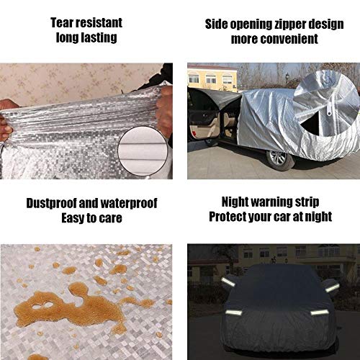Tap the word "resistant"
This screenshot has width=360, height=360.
pos(99,23)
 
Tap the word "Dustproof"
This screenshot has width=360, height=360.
pos(51,204)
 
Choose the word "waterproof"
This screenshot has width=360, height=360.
pos(129,204)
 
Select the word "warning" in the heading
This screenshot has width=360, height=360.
pos(270,202)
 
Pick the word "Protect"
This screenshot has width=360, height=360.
pos(228,217)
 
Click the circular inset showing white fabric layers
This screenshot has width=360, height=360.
pos(143,151)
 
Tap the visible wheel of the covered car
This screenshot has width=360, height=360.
pos(280,159)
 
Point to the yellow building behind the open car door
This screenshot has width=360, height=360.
pos(212,77)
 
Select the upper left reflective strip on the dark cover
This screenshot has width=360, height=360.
pos(228,282)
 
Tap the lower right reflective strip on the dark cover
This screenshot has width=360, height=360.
pos(320,312)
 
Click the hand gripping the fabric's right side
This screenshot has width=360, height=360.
pos(164,107)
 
